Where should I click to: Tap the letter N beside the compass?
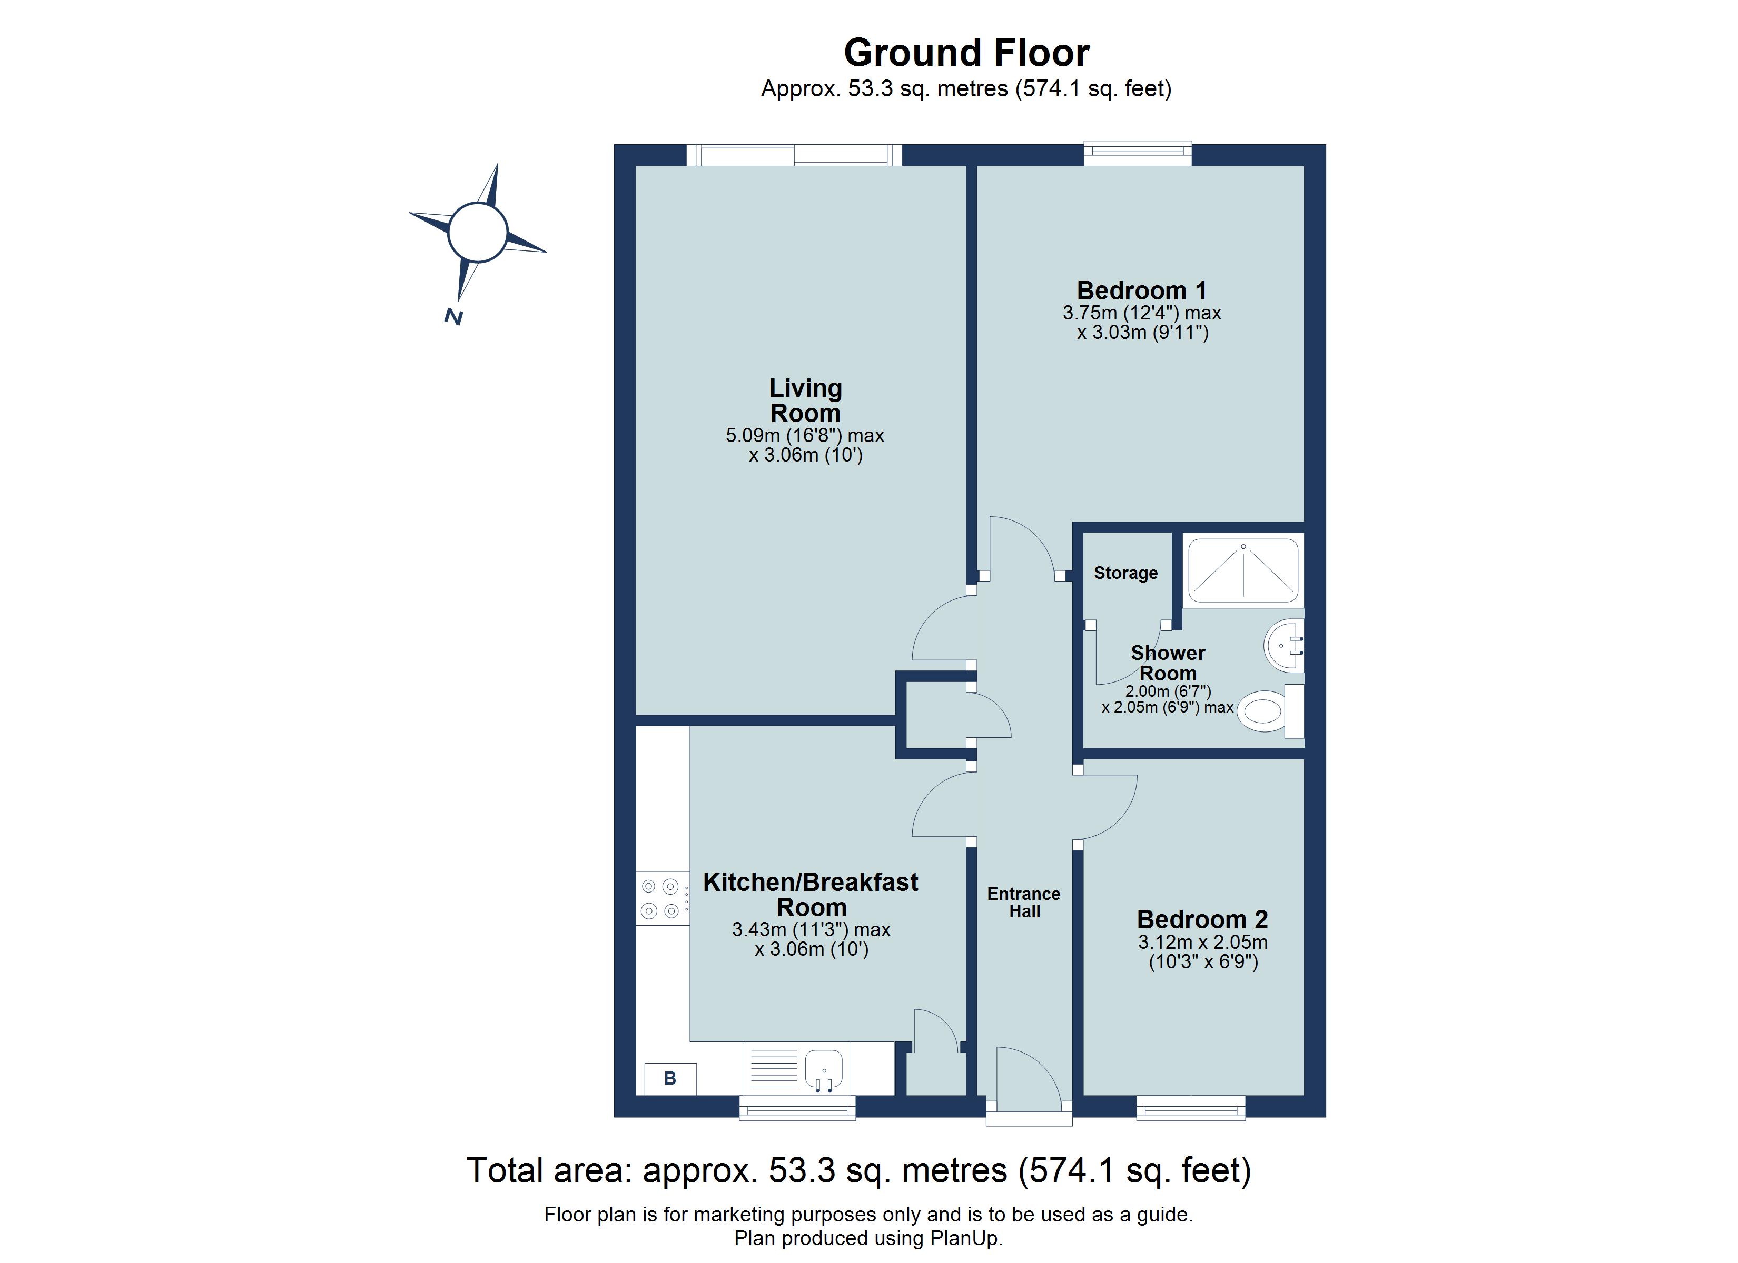pyautogui.click(x=453, y=316)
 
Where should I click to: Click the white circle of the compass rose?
pyautogui.click(x=477, y=232)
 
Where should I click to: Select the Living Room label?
pyautogui.click(x=805, y=400)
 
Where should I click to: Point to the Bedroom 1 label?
pyautogui.click(x=1141, y=290)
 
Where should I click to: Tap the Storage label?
pyautogui.click(x=1125, y=573)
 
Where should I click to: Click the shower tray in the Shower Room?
pyautogui.click(x=1242, y=570)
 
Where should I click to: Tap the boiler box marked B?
pyautogui.click(x=670, y=1078)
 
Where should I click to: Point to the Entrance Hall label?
pyautogui.click(x=1024, y=902)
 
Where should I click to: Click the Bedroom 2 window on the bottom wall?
pyautogui.click(x=1190, y=1108)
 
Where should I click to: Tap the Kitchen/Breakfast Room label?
pyautogui.click(x=811, y=895)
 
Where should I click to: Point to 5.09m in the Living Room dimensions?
pyautogui.click(x=753, y=436)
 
